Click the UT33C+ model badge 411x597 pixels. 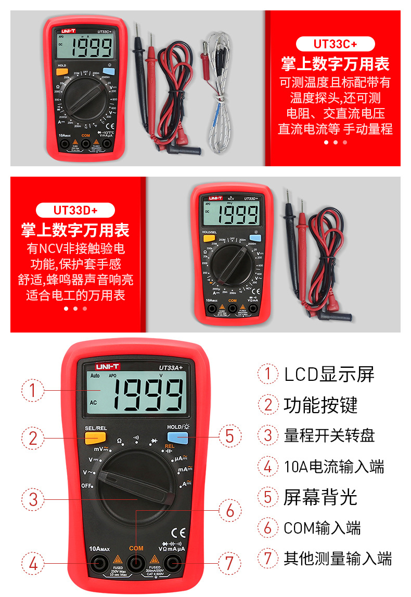point(335,44)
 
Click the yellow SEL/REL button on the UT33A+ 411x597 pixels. point(95,438)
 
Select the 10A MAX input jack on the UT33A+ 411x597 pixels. point(99,562)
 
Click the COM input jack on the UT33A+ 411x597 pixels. point(136,562)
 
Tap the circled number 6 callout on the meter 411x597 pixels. point(229,510)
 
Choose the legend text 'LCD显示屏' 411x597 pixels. point(329,374)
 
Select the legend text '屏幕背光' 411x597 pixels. point(320,497)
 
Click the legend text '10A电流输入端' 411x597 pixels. point(333,467)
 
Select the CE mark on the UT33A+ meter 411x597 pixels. point(179,533)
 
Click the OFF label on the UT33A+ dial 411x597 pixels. point(86,485)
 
